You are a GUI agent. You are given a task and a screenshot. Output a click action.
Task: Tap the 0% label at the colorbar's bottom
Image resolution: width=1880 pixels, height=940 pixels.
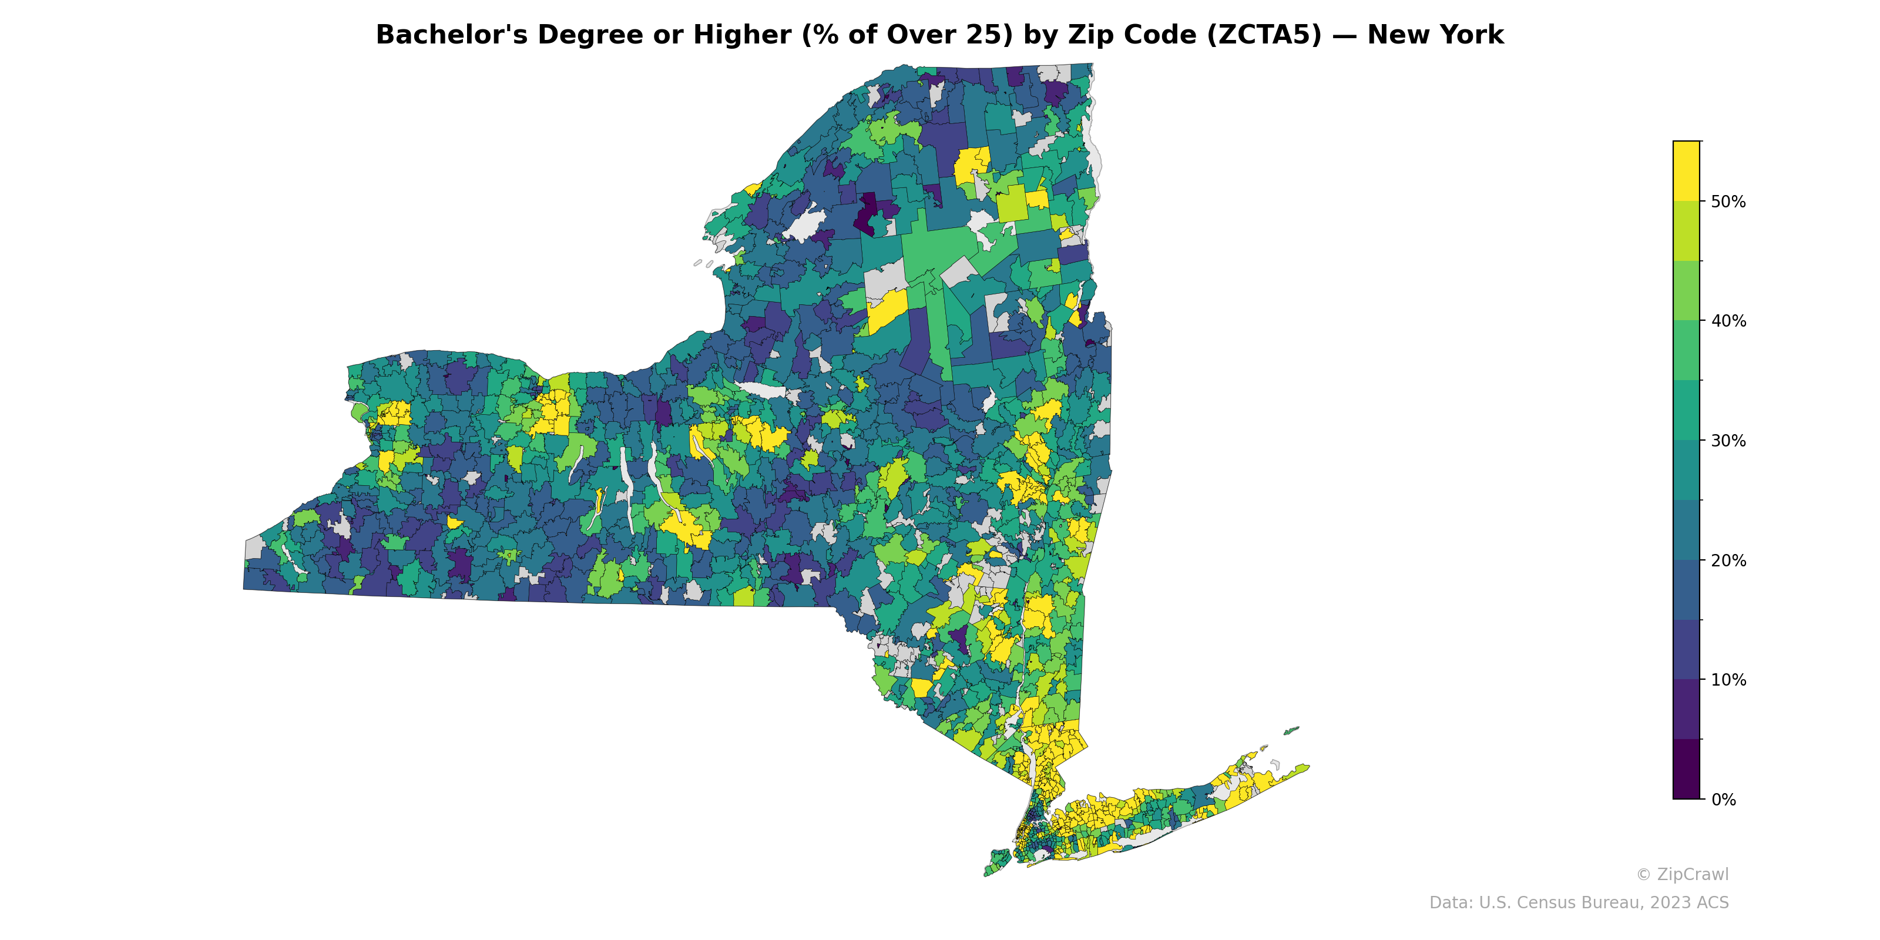[1723, 799]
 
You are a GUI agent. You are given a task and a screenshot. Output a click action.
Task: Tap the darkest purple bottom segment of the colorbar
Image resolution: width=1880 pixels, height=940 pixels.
[1686, 769]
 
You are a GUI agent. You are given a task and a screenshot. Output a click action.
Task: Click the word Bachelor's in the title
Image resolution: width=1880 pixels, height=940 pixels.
[450, 35]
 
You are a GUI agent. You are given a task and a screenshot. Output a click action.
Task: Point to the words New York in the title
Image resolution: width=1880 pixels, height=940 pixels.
[1435, 35]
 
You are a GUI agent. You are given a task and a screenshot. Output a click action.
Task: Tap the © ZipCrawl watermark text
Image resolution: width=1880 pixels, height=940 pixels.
[1681, 874]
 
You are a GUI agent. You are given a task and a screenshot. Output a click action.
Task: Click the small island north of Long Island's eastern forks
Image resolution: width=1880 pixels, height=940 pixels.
[1291, 730]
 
